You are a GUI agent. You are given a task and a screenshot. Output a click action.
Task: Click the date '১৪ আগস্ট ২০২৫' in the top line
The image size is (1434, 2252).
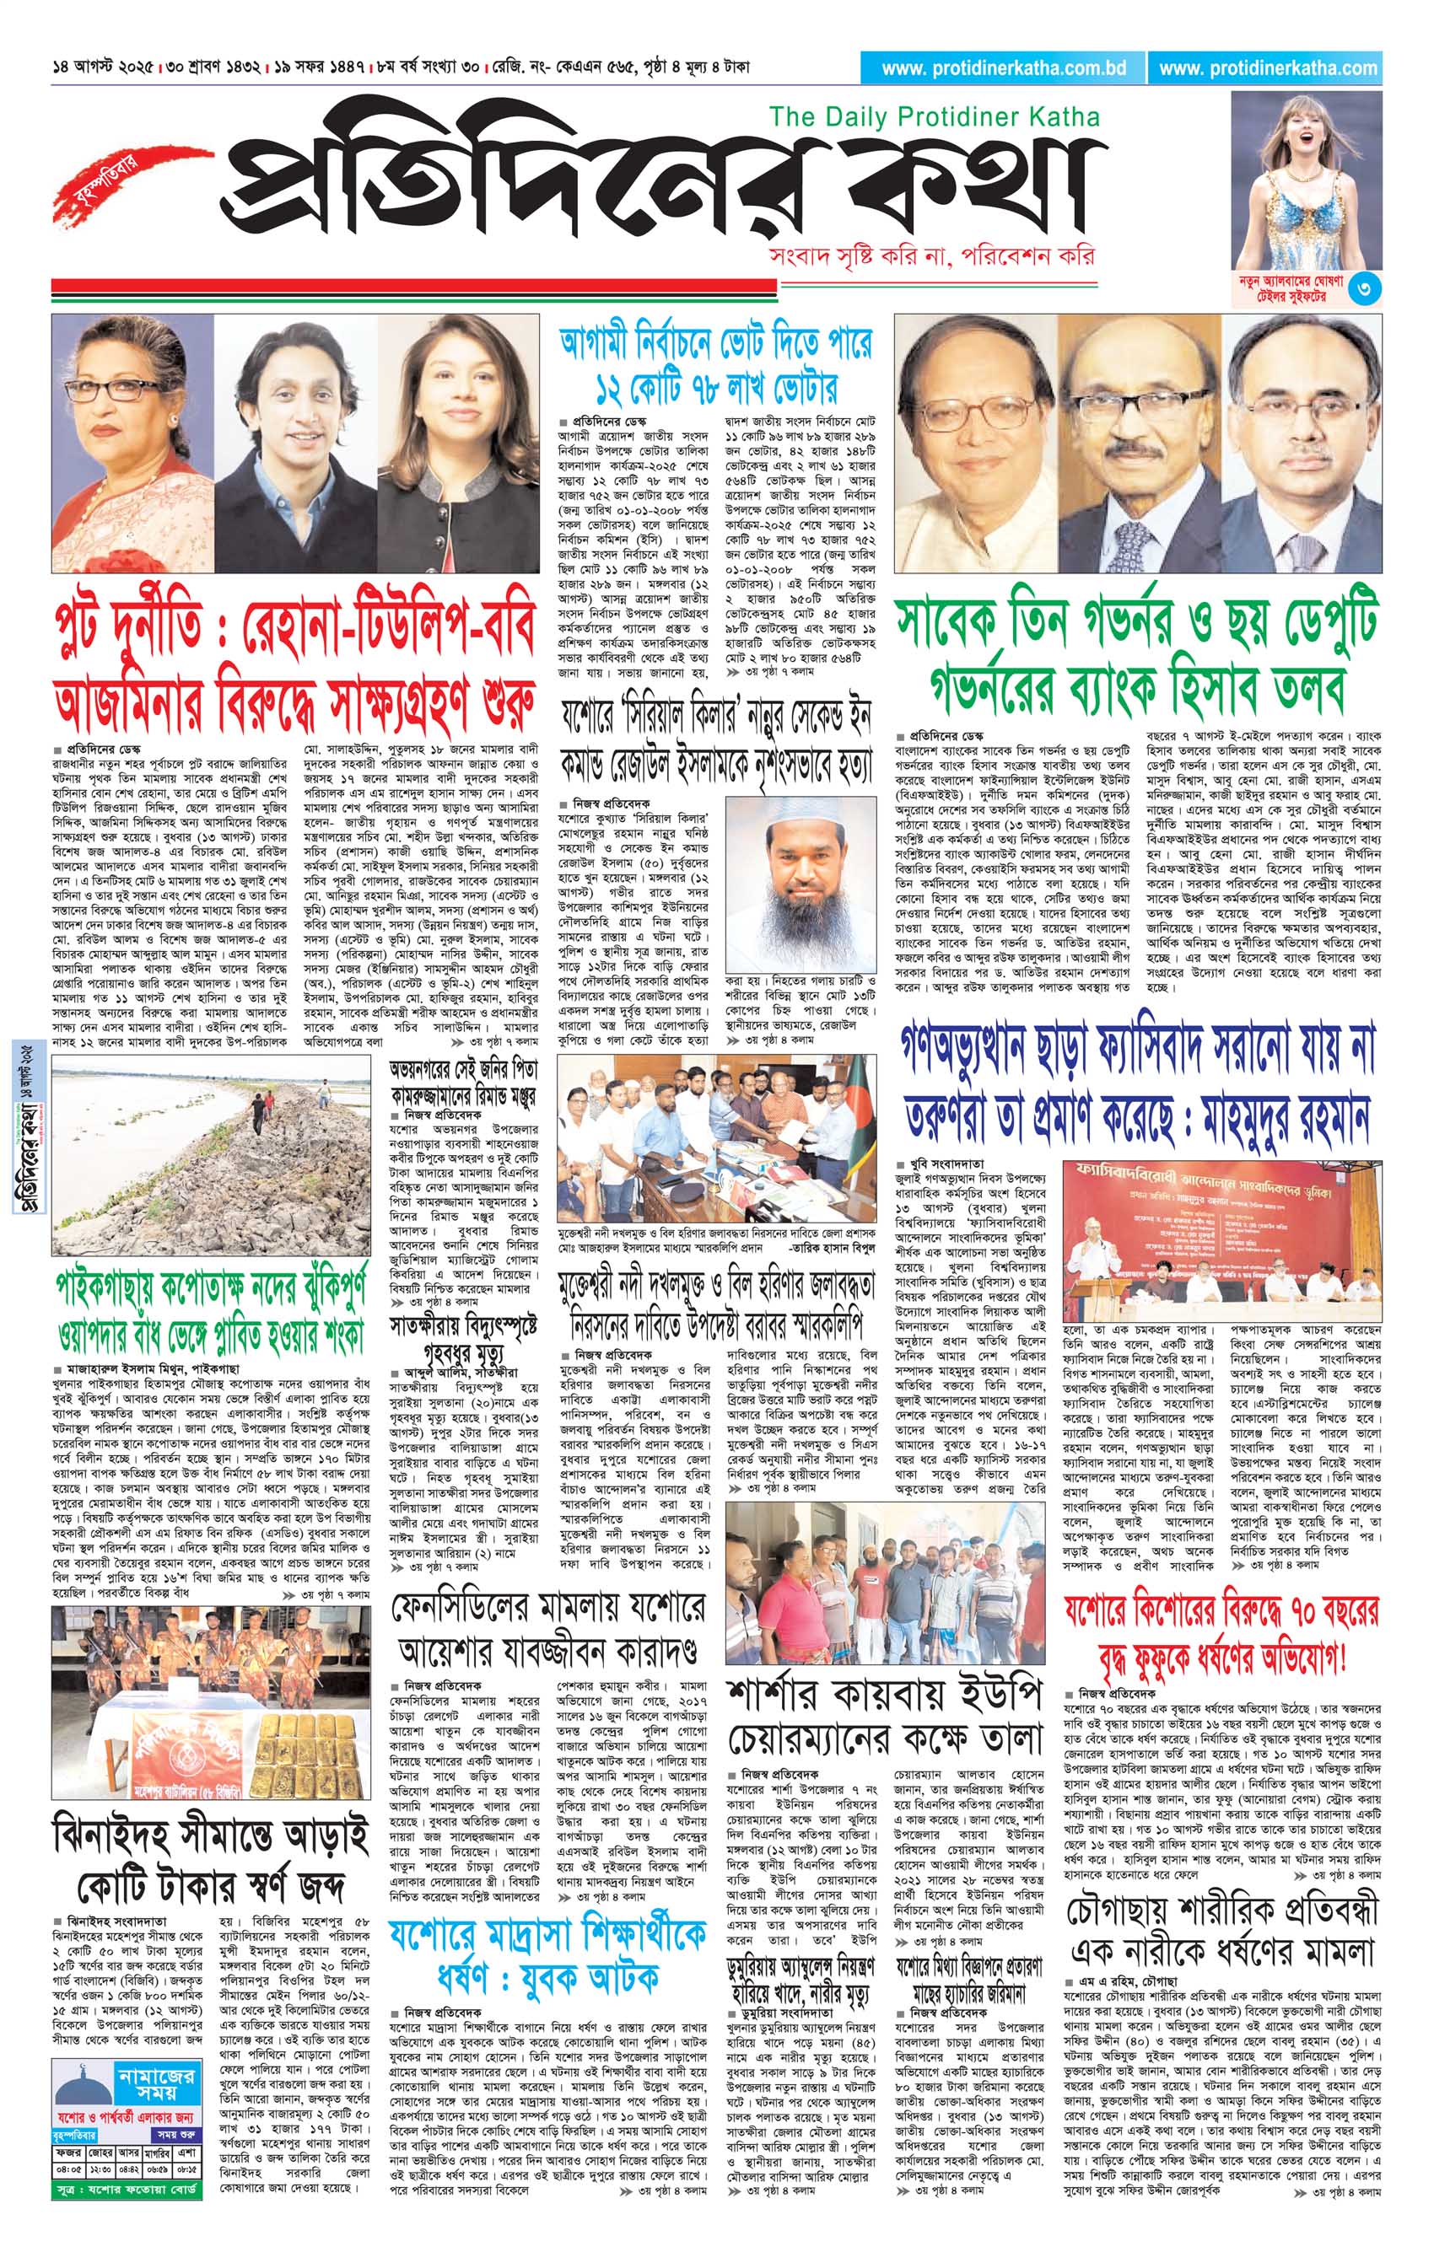[104, 68]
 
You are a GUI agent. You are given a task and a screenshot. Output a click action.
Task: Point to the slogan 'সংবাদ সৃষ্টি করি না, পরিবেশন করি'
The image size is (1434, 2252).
[929, 255]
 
